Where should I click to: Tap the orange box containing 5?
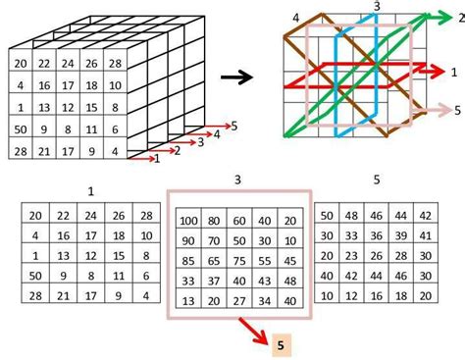(280, 344)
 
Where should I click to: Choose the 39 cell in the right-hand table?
(399, 235)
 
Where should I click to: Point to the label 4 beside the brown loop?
(295, 17)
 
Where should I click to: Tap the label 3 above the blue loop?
(376, 8)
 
